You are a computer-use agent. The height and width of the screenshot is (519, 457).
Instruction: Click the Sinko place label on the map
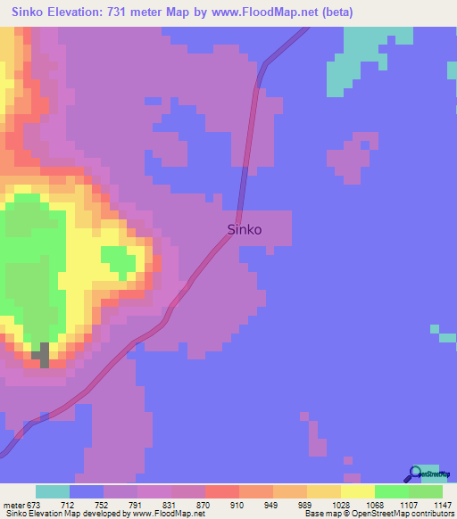[245, 229]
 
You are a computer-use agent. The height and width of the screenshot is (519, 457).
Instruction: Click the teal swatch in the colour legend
[53, 492]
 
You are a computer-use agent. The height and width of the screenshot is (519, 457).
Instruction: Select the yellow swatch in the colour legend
[357, 492]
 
